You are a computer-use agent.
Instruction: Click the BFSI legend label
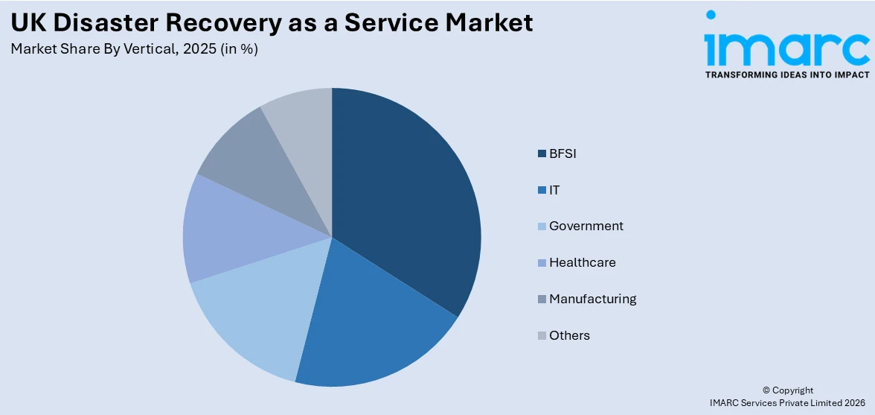click(562, 154)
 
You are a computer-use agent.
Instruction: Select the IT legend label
click(554, 190)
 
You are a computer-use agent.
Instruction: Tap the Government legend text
click(586, 226)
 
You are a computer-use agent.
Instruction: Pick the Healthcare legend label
click(582, 262)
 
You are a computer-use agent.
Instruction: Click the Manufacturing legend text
click(592, 299)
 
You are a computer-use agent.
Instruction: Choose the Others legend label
click(569, 335)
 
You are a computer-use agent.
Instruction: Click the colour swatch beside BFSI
click(542, 154)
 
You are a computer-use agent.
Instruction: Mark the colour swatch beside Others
click(542, 335)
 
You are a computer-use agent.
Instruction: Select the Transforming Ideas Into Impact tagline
click(786, 75)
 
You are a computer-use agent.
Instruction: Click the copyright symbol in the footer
click(766, 390)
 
